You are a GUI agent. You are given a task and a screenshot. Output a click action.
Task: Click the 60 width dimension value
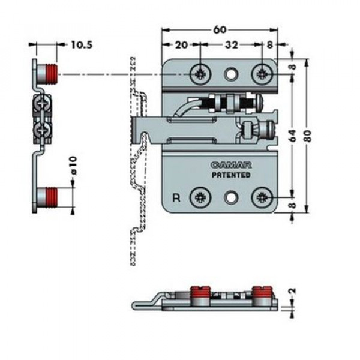[x=220, y=30]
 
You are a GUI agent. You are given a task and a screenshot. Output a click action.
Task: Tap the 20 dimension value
[x=181, y=45]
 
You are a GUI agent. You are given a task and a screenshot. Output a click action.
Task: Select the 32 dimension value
[x=231, y=45]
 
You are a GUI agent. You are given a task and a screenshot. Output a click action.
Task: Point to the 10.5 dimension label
[x=82, y=45]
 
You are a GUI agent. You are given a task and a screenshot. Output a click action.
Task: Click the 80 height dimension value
[x=308, y=136]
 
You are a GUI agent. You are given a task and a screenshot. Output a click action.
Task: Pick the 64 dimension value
[x=293, y=136]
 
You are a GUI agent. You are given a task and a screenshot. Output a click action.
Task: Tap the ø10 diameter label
[x=73, y=166]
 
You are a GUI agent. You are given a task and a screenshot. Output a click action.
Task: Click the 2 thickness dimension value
[x=292, y=291]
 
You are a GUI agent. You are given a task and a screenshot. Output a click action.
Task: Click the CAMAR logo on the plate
[x=231, y=165]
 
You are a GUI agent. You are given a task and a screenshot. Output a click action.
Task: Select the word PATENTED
[x=231, y=175]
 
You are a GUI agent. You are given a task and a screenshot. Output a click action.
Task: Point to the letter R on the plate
[x=176, y=197]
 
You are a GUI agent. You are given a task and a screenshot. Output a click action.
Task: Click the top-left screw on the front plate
[x=200, y=74]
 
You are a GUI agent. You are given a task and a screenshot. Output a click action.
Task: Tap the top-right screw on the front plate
[x=262, y=74]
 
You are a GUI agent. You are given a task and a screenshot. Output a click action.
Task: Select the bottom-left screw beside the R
[x=200, y=197]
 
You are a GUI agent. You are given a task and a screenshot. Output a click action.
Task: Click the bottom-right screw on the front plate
[x=262, y=197]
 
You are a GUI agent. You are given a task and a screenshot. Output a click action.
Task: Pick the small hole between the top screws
[x=231, y=74]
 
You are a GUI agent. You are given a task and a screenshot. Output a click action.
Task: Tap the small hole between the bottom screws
[x=230, y=197]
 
